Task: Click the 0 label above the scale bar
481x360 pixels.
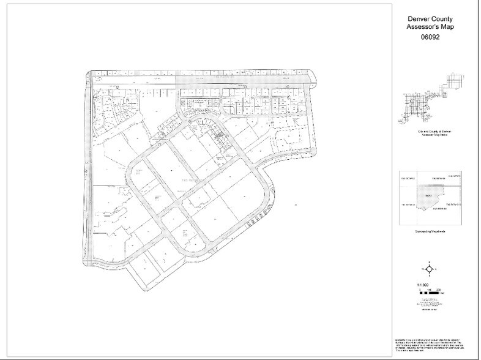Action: click(422, 290)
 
